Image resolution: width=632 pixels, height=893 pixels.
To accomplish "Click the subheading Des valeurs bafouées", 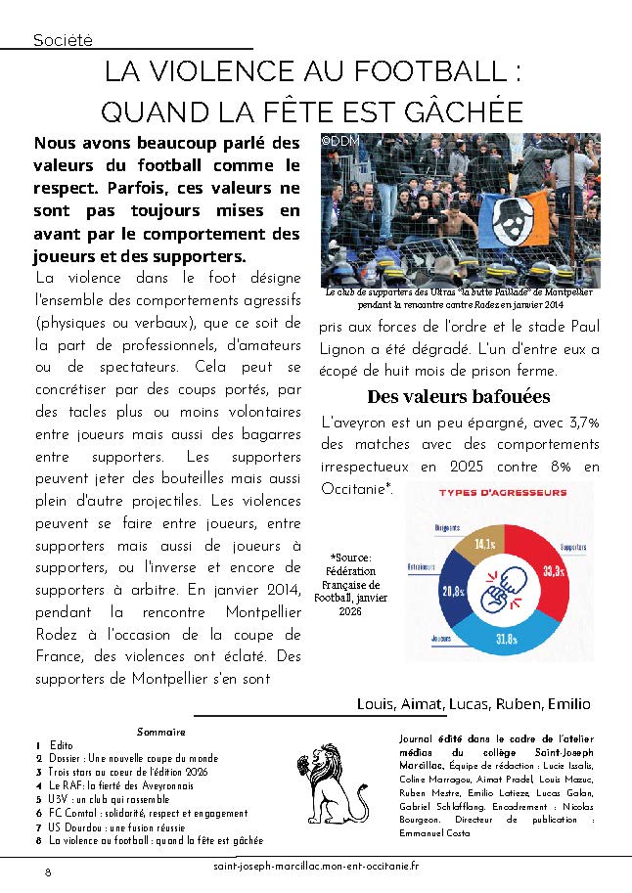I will pyautogui.click(x=458, y=396).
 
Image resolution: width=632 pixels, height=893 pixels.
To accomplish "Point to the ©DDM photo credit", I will pyautogui.click(x=340, y=142).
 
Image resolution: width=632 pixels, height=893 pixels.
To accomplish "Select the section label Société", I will pyautogui.click(x=63, y=40).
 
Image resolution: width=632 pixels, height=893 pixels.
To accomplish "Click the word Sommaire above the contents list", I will pyautogui.click(x=161, y=732).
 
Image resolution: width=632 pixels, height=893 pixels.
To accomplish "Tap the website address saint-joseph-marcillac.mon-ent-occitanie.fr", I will pyautogui.click(x=315, y=867).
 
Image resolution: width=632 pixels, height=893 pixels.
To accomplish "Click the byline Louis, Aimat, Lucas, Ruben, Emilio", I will pyautogui.click(x=474, y=704).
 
